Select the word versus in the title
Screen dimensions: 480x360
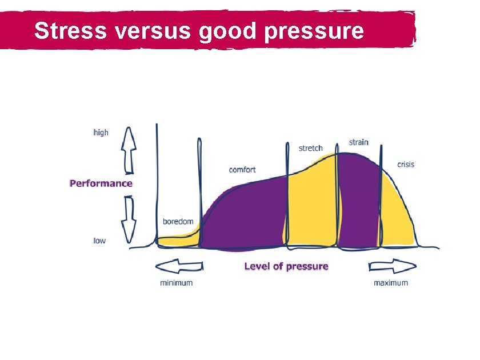tap(154, 31)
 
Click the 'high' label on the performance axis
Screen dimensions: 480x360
tap(101, 133)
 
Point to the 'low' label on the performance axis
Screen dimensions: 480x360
tap(99, 241)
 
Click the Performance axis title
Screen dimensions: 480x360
tap(101, 183)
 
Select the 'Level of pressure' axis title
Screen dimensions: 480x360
tap(286, 266)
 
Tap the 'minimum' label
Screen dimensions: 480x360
tap(176, 283)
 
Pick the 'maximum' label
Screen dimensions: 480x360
tap(391, 283)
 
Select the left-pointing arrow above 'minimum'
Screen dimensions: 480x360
tap(179, 267)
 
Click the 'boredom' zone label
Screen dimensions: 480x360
tap(178, 221)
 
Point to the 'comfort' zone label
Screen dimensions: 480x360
tap(242, 170)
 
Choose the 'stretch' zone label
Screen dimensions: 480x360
tap(311, 148)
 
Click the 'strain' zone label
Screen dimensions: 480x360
tap(359, 142)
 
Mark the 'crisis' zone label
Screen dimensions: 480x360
tap(406, 165)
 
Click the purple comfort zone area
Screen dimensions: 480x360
tap(243, 217)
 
